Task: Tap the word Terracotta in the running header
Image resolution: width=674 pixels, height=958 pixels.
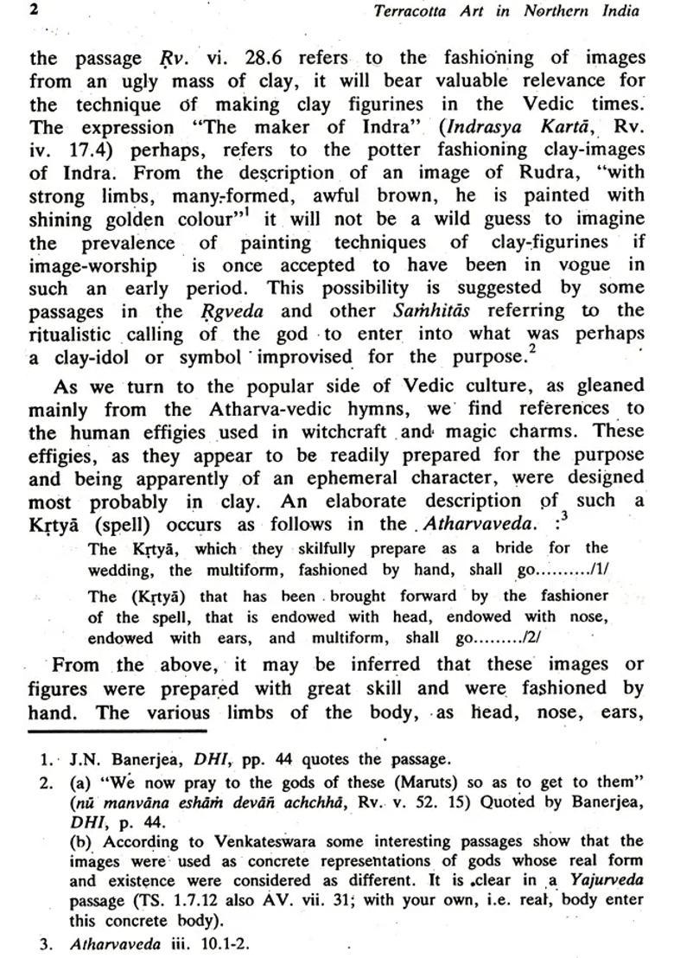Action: coord(414,11)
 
